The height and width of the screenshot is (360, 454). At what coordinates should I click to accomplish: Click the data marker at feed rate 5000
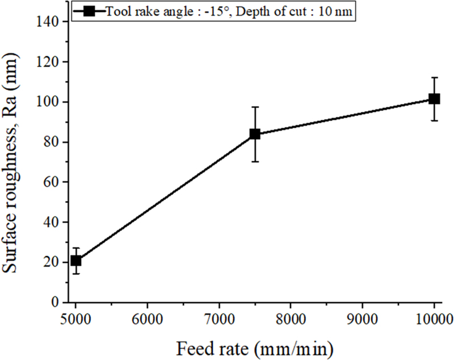click(x=76, y=261)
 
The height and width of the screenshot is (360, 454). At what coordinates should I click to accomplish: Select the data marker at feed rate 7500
click(x=255, y=134)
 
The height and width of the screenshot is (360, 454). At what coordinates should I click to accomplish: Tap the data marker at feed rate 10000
click(x=434, y=99)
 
